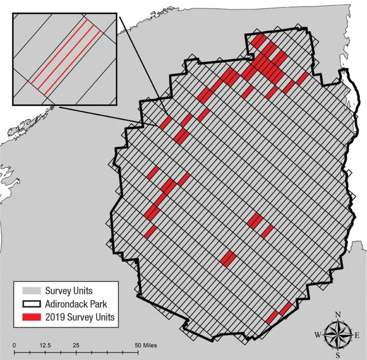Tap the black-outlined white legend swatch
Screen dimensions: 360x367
30,304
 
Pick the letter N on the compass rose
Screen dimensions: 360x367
338,314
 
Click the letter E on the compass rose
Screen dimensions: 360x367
356,335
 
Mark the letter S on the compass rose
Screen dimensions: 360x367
338,355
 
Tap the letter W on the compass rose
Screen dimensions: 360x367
318,335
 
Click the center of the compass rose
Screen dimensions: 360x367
338,335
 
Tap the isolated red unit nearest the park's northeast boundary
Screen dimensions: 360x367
302,78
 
